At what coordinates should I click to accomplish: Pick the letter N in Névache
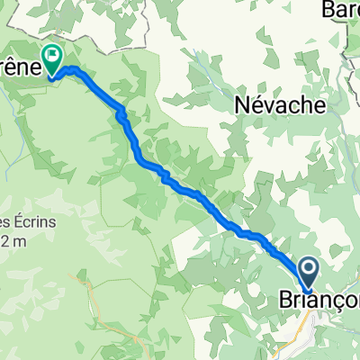(x=241, y=105)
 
